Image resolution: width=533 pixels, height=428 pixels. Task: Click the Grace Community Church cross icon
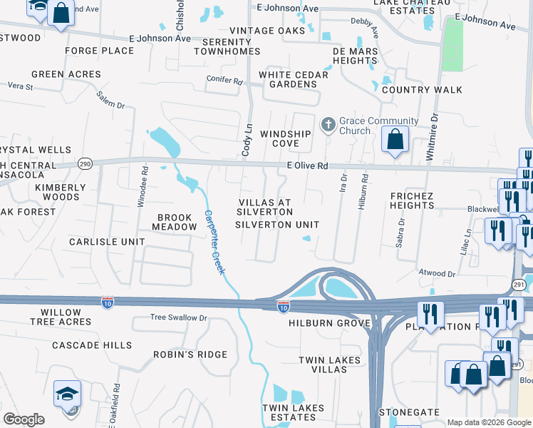[x=328, y=126]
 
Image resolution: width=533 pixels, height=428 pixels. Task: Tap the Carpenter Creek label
[x=214, y=243]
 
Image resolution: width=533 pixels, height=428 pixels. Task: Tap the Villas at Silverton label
[x=264, y=207]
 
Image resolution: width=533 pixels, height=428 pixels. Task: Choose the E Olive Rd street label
[x=307, y=165]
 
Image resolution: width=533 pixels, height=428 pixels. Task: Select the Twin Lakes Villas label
[x=330, y=365]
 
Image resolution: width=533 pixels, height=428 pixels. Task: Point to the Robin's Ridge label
[x=190, y=355]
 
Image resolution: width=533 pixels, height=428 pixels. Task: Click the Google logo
[x=24, y=419]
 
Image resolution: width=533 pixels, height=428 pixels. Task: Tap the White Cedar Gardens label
[x=288, y=79]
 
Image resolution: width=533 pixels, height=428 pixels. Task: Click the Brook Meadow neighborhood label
[x=175, y=222]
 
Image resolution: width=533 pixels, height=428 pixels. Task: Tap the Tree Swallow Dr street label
[x=178, y=317]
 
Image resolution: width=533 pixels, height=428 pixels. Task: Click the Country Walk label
[x=422, y=90]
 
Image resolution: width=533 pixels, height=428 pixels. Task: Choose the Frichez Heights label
[x=412, y=200]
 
